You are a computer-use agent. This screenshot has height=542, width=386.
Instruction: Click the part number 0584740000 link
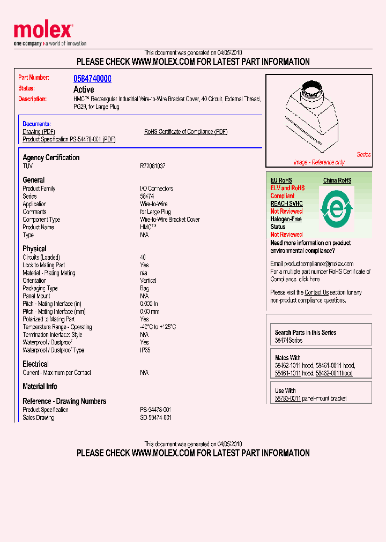click(x=92, y=79)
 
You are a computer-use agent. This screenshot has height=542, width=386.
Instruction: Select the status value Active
click(x=84, y=89)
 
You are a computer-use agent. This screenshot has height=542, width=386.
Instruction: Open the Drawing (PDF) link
click(x=39, y=132)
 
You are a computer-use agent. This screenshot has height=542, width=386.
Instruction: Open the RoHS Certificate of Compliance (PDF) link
click(x=185, y=132)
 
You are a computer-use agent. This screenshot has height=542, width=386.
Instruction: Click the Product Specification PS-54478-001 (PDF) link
click(x=69, y=139)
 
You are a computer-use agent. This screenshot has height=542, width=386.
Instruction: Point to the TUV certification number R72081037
click(x=152, y=166)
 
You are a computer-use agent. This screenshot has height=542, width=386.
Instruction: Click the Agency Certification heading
click(x=51, y=157)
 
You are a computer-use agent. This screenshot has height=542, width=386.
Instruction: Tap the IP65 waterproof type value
click(x=145, y=350)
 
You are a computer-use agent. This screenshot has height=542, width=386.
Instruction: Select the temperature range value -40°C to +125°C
click(x=158, y=327)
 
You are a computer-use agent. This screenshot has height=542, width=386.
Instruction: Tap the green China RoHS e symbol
click(x=336, y=206)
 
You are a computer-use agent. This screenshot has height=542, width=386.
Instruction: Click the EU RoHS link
click(x=281, y=180)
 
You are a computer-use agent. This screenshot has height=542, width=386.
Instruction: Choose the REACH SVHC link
click(x=286, y=204)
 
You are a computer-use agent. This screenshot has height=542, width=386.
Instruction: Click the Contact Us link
click(x=316, y=292)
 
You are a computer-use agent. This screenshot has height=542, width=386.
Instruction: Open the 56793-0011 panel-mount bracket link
click(x=288, y=398)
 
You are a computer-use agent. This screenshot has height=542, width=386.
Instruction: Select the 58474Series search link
click(x=288, y=341)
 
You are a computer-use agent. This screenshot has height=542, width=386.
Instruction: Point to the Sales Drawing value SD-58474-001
click(x=155, y=417)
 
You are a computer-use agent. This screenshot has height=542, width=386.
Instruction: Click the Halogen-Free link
click(x=286, y=219)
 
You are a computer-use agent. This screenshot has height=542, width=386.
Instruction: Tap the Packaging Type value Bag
click(x=144, y=288)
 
